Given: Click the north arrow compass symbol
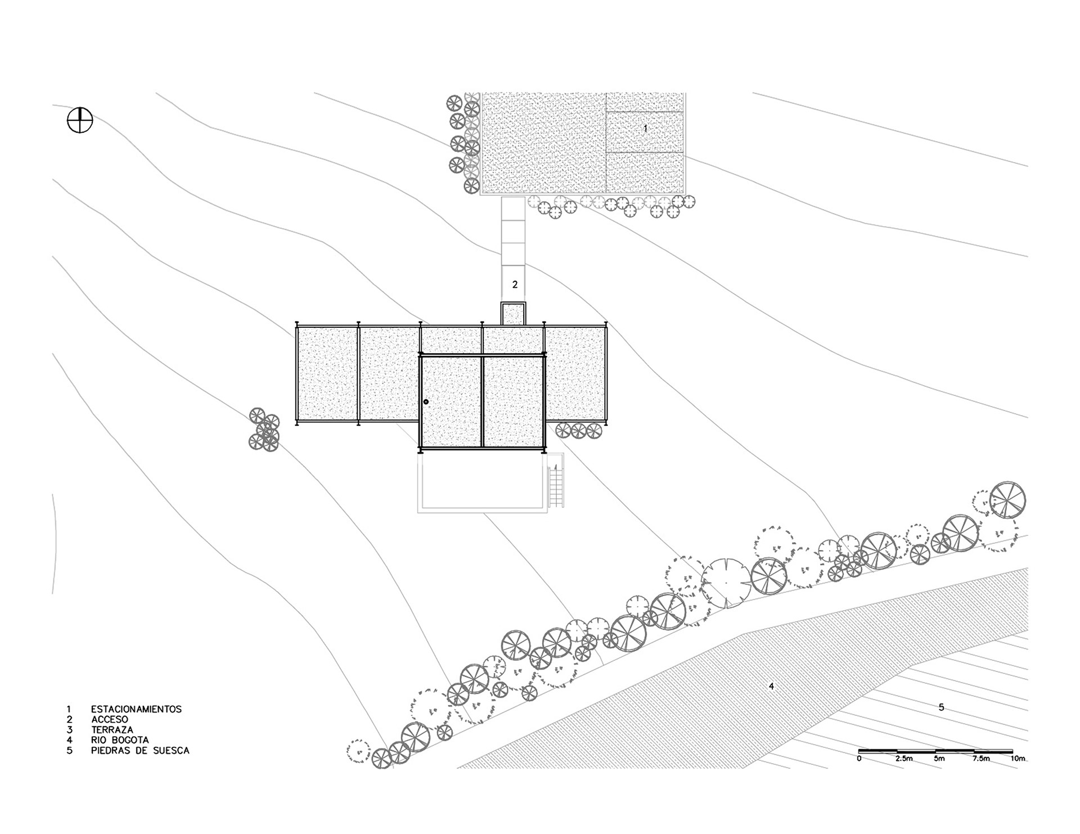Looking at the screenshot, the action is coord(80,120).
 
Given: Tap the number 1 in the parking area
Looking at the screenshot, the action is coord(645,128).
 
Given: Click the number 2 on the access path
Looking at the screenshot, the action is coord(515,285).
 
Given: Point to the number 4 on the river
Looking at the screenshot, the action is coord(771,686).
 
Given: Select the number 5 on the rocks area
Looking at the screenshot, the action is coord(942,707).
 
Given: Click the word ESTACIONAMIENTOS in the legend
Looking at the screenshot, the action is coord(136,709).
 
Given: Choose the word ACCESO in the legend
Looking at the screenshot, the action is coord(110,719).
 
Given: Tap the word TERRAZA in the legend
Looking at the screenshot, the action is coord(112,730).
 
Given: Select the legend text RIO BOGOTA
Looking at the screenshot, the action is coord(120,740).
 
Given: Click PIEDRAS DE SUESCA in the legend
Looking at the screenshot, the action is coord(140,751).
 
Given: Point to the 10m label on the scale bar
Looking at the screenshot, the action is coord(1018,759).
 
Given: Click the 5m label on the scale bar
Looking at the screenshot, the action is coord(939,759).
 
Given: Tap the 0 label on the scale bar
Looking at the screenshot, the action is coord(859,759).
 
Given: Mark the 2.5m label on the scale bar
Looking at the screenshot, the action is coord(904,759).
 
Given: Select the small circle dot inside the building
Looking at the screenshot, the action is coord(426,402).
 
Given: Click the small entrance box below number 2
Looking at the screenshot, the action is coord(513,314).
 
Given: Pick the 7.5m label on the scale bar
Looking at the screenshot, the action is coord(981,759).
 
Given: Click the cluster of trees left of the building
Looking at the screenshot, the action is coord(264,430).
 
